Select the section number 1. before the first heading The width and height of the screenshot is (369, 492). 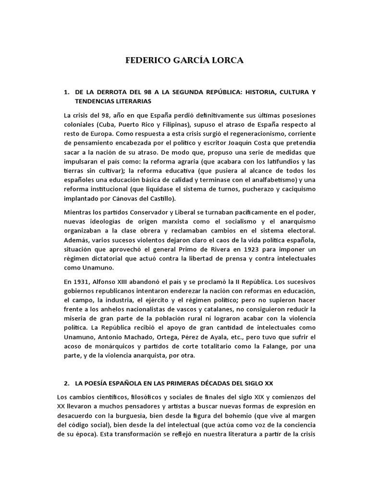point(67,92)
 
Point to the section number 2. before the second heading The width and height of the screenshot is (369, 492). point(67,383)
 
